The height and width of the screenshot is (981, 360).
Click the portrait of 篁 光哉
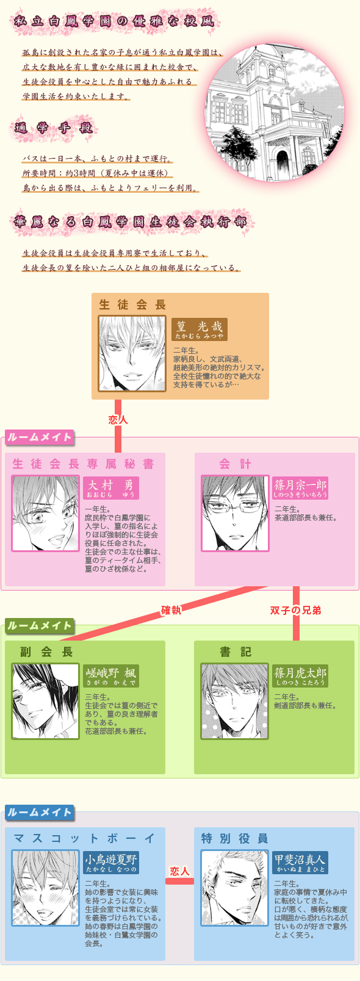click(132, 353)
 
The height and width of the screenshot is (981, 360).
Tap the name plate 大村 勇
click(111, 488)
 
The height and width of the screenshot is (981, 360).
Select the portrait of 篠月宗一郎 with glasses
click(235, 514)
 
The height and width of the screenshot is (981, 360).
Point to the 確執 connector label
click(171, 610)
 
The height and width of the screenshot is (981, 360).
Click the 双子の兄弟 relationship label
click(295, 610)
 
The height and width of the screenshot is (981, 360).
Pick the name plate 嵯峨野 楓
click(111, 676)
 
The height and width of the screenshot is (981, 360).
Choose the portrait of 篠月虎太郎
click(234, 701)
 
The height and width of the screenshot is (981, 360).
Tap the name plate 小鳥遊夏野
click(111, 863)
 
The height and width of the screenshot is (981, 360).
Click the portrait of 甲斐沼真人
click(234, 888)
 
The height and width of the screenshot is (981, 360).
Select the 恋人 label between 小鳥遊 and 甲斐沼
click(179, 871)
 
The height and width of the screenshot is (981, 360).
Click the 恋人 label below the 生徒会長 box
click(118, 420)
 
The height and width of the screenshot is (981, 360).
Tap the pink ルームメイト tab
click(40, 437)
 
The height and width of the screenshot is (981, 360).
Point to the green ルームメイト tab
click(40, 625)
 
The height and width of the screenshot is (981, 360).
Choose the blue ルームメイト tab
click(40, 813)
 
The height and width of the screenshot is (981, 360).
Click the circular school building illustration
click(275, 112)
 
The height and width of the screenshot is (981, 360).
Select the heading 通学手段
click(54, 128)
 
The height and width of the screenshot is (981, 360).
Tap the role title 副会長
click(46, 652)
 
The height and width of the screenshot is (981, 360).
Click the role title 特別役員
click(235, 838)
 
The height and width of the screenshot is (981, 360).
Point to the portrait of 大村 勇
click(46, 514)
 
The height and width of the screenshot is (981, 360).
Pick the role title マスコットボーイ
click(84, 838)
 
